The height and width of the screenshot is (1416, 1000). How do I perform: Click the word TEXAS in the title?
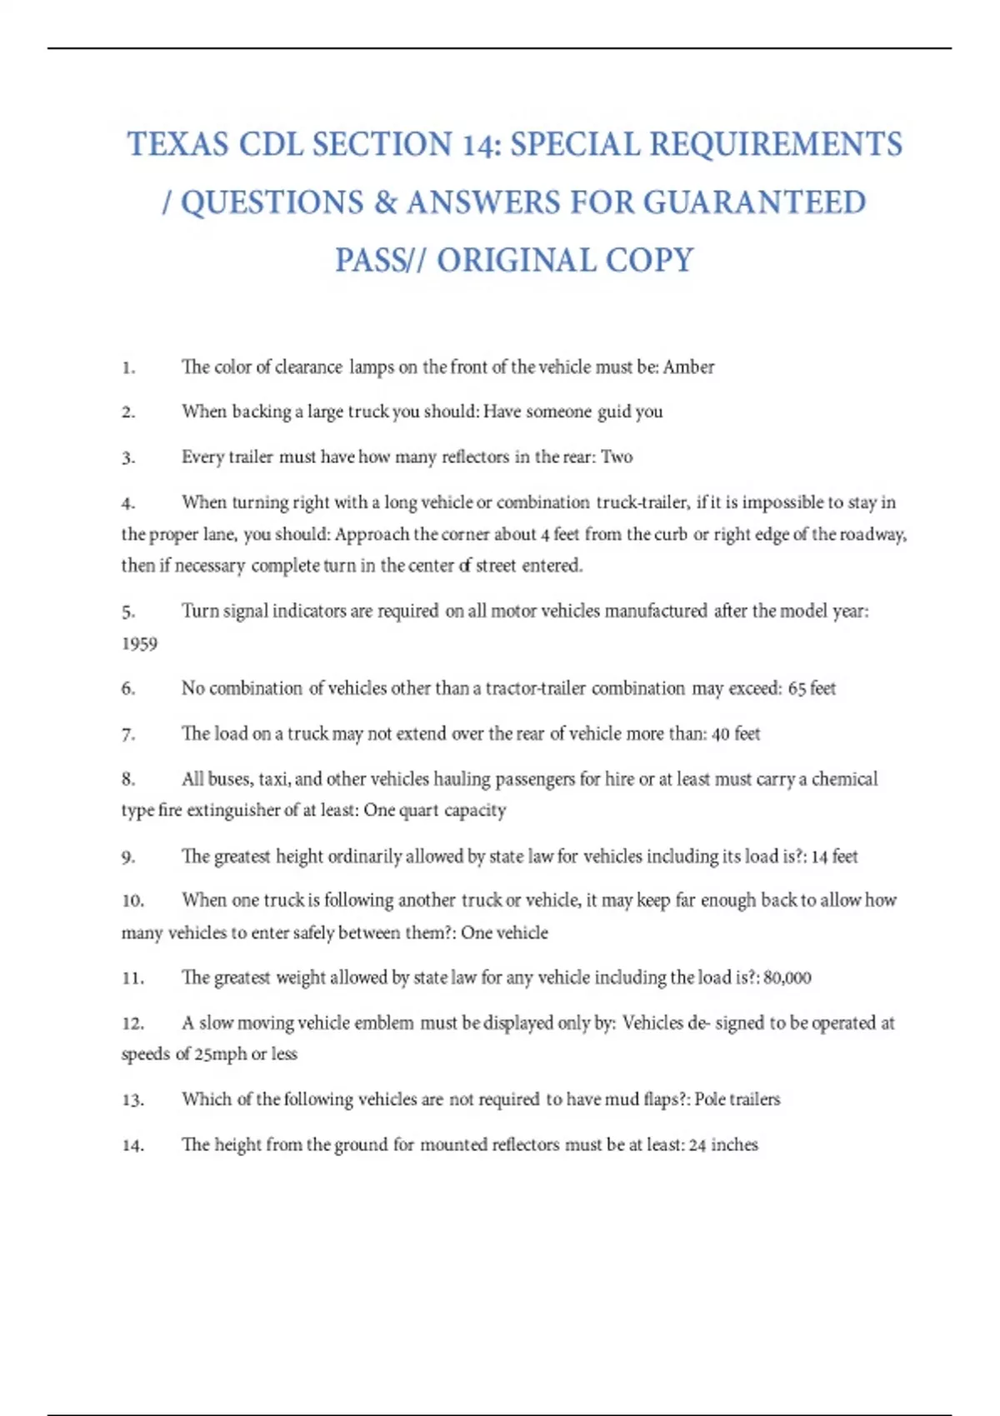(x=177, y=144)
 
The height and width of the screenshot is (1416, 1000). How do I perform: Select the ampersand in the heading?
(x=385, y=202)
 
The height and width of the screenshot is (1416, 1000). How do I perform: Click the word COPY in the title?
(x=649, y=261)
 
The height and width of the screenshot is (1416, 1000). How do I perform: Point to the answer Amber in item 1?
(x=688, y=367)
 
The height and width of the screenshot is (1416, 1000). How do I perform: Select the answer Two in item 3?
(x=617, y=456)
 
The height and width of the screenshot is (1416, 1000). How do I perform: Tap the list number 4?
(x=127, y=503)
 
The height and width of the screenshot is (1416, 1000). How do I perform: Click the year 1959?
(x=139, y=644)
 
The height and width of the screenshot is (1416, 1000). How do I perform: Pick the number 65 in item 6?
(x=797, y=689)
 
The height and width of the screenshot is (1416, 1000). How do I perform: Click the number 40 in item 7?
(x=721, y=734)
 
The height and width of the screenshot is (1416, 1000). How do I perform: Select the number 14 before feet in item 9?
(x=819, y=856)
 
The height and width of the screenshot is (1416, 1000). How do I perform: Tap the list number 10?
(x=132, y=901)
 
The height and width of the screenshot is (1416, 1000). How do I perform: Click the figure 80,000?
(x=787, y=978)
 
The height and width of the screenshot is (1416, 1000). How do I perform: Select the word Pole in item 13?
(x=710, y=1099)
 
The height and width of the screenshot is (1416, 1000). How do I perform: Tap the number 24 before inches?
(x=697, y=1145)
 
